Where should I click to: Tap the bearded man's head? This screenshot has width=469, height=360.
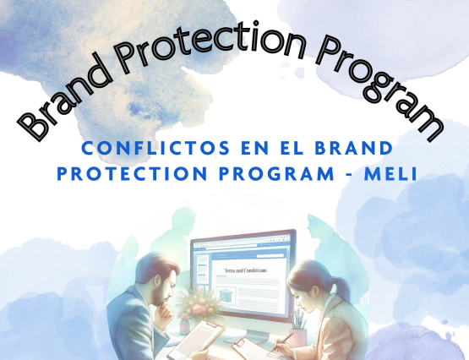coord(155,275)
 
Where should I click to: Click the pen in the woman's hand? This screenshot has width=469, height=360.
coord(284,338)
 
